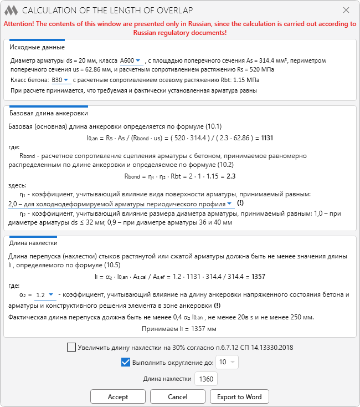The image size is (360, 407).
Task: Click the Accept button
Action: (x=118, y=397)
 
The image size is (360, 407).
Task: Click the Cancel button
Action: (x=178, y=397)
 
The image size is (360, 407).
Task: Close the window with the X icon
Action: (x=346, y=10)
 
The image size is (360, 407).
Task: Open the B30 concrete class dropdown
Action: (x=60, y=80)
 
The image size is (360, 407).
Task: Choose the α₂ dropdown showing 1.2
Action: (x=44, y=295)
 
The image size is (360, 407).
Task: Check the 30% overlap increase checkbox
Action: (x=71, y=348)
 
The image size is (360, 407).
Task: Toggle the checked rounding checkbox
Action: (x=125, y=363)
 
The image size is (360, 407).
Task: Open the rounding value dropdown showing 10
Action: (x=227, y=363)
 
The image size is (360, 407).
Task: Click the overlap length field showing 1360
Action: (x=206, y=379)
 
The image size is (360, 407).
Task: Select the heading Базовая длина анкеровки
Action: (x=49, y=113)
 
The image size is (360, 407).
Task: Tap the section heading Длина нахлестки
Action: (x=34, y=243)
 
